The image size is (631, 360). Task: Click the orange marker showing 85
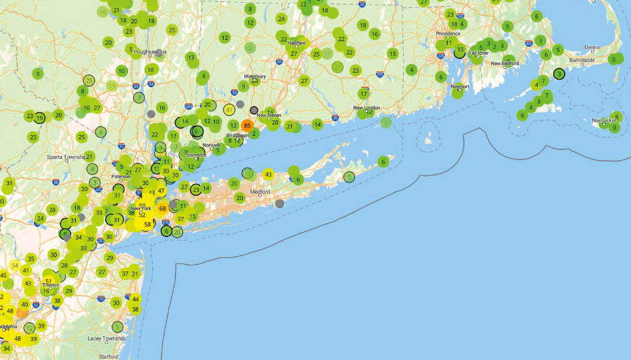[248, 125]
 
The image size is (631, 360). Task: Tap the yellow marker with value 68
[163, 208]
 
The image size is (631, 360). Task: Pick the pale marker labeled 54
[15, 265]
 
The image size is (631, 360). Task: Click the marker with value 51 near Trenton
[49, 281]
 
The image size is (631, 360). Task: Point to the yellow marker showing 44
[135, 299]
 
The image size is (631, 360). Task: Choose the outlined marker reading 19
[40, 118]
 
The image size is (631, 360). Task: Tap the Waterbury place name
[255, 76]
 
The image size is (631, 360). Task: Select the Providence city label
[448, 33]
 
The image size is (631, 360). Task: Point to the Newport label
[460, 86]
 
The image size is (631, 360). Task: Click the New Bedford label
[505, 63]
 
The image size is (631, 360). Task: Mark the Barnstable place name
[582, 60]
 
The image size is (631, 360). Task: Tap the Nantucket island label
[602, 121]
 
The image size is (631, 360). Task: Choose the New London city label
[367, 108]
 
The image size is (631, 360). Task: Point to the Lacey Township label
[106, 338]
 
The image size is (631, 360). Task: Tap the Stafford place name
[108, 355]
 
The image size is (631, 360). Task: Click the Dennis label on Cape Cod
[592, 47]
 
